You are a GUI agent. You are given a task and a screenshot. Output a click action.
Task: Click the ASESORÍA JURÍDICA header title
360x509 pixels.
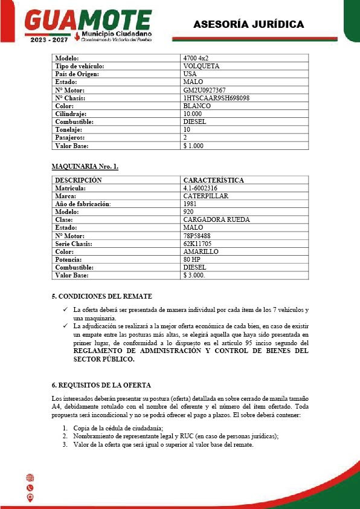[x=248, y=24]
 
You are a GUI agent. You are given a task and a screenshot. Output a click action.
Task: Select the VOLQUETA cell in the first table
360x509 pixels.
[x=201, y=66]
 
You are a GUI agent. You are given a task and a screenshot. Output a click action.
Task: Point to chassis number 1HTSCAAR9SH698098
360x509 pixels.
[x=216, y=98]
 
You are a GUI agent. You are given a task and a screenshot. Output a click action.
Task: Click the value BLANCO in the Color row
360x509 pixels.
[x=197, y=106]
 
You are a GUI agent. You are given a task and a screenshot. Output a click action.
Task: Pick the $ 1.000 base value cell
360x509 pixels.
[x=193, y=146]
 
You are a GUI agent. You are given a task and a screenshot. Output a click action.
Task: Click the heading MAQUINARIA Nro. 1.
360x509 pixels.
[x=85, y=166]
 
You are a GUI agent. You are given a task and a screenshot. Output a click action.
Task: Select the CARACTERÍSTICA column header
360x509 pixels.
[x=213, y=180]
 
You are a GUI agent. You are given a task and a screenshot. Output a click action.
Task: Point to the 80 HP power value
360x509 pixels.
[x=192, y=259]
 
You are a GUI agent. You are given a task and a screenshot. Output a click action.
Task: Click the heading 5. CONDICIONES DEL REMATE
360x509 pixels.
[x=101, y=296]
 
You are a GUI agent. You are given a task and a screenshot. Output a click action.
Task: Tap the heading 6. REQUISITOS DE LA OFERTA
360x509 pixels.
[x=101, y=385]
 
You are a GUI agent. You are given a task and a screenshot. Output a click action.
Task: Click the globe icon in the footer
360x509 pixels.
[x=30, y=478]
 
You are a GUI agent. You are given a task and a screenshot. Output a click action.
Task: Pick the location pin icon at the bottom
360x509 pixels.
[x=30, y=498]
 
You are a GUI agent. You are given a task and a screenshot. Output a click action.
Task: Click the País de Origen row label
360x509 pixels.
[x=77, y=74]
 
